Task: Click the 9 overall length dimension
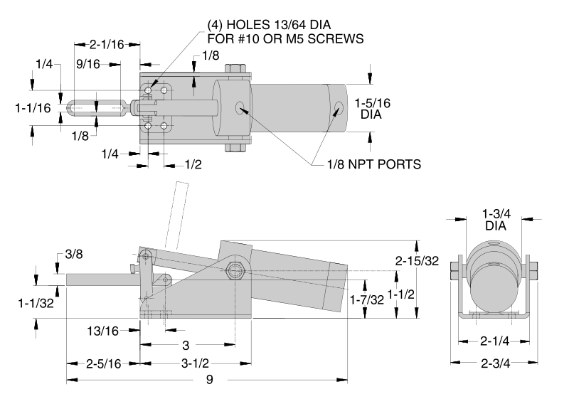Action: coord(209,380)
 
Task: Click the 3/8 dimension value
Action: coord(73,254)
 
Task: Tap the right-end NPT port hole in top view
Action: coord(338,108)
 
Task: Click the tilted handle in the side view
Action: coord(174,214)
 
